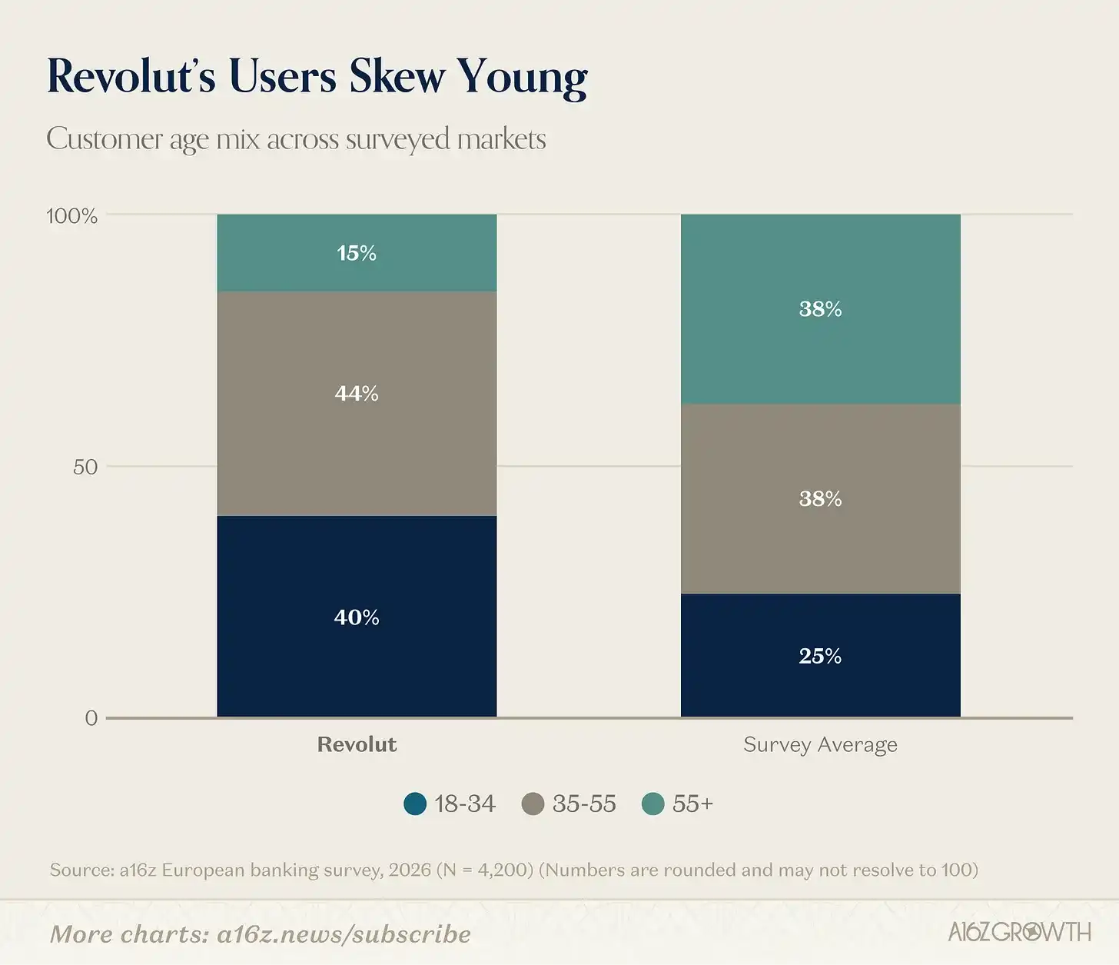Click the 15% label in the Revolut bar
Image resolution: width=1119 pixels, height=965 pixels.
[357, 253]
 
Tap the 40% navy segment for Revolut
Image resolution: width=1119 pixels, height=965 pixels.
[357, 617]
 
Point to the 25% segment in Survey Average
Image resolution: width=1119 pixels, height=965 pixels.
[820, 656]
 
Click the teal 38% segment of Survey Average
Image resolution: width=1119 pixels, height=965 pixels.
[820, 309]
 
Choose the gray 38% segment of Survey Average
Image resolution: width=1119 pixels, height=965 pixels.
[820, 499]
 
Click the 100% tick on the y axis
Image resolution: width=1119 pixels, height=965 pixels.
[72, 216]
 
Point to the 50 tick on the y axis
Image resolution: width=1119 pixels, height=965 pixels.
[85, 467]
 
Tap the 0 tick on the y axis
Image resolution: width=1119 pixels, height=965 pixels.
[91, 718]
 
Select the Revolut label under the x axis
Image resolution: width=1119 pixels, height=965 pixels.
[357, 744]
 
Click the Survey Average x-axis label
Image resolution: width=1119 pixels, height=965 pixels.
[820, 744]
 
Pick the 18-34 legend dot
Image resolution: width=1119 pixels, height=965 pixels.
[415, 804]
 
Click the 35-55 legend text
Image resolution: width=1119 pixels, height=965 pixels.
[584, 804]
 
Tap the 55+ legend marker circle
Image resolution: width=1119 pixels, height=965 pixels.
[652, 804]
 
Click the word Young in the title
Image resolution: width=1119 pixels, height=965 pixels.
[523, 77]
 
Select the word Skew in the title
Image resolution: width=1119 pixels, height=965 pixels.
[397, 77]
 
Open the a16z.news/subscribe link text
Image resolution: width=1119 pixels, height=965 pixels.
[344, 933]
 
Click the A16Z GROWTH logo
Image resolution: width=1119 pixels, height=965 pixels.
[1019, 932]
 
